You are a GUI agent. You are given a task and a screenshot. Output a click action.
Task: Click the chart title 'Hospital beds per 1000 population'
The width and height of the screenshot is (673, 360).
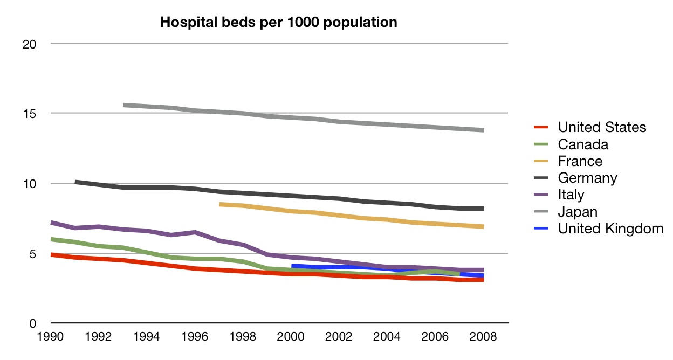(278, 23)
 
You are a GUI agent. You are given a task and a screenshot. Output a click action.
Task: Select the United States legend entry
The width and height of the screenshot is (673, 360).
(602, 128)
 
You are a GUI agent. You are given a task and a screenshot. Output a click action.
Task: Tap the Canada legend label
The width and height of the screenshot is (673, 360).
(583, 144)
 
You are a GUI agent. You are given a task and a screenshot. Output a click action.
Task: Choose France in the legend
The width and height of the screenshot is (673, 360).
(580, 161)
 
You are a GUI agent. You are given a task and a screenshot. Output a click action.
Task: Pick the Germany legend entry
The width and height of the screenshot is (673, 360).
(587, 178)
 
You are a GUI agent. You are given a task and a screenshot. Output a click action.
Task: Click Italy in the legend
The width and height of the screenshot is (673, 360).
(571, 195)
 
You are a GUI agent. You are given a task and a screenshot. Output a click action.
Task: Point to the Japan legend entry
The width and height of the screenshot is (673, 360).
(578, 212)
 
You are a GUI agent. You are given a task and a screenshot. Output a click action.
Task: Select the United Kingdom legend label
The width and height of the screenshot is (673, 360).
(610, 229)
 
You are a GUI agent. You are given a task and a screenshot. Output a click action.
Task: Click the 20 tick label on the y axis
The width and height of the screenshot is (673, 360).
(29, 44)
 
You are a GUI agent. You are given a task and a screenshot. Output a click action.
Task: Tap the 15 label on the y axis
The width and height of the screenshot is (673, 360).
(29, 114)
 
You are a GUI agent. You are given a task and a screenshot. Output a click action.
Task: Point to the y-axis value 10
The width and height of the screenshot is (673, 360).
(29, 184)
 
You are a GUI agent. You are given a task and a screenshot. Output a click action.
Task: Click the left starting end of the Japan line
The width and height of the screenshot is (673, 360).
(124, 105)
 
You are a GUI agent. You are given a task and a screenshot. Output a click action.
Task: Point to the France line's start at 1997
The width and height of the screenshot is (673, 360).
(220, 204)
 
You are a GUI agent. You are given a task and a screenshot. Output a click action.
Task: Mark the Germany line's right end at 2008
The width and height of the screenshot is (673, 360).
(483, 209)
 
